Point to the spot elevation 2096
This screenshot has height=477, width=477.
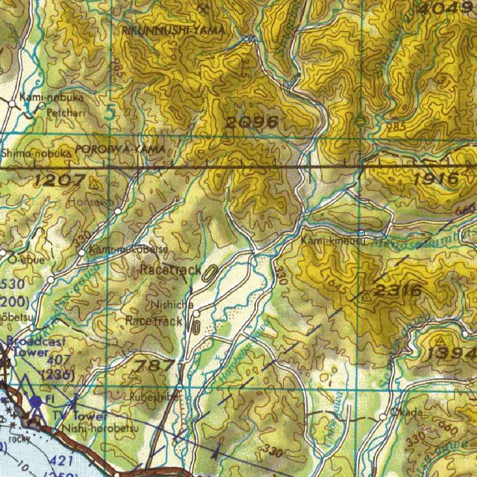[252, 123]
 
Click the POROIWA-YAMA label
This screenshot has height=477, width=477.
[120, 150]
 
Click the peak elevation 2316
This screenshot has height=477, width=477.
[398, 291]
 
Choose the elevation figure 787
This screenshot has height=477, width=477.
[155, 365]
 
